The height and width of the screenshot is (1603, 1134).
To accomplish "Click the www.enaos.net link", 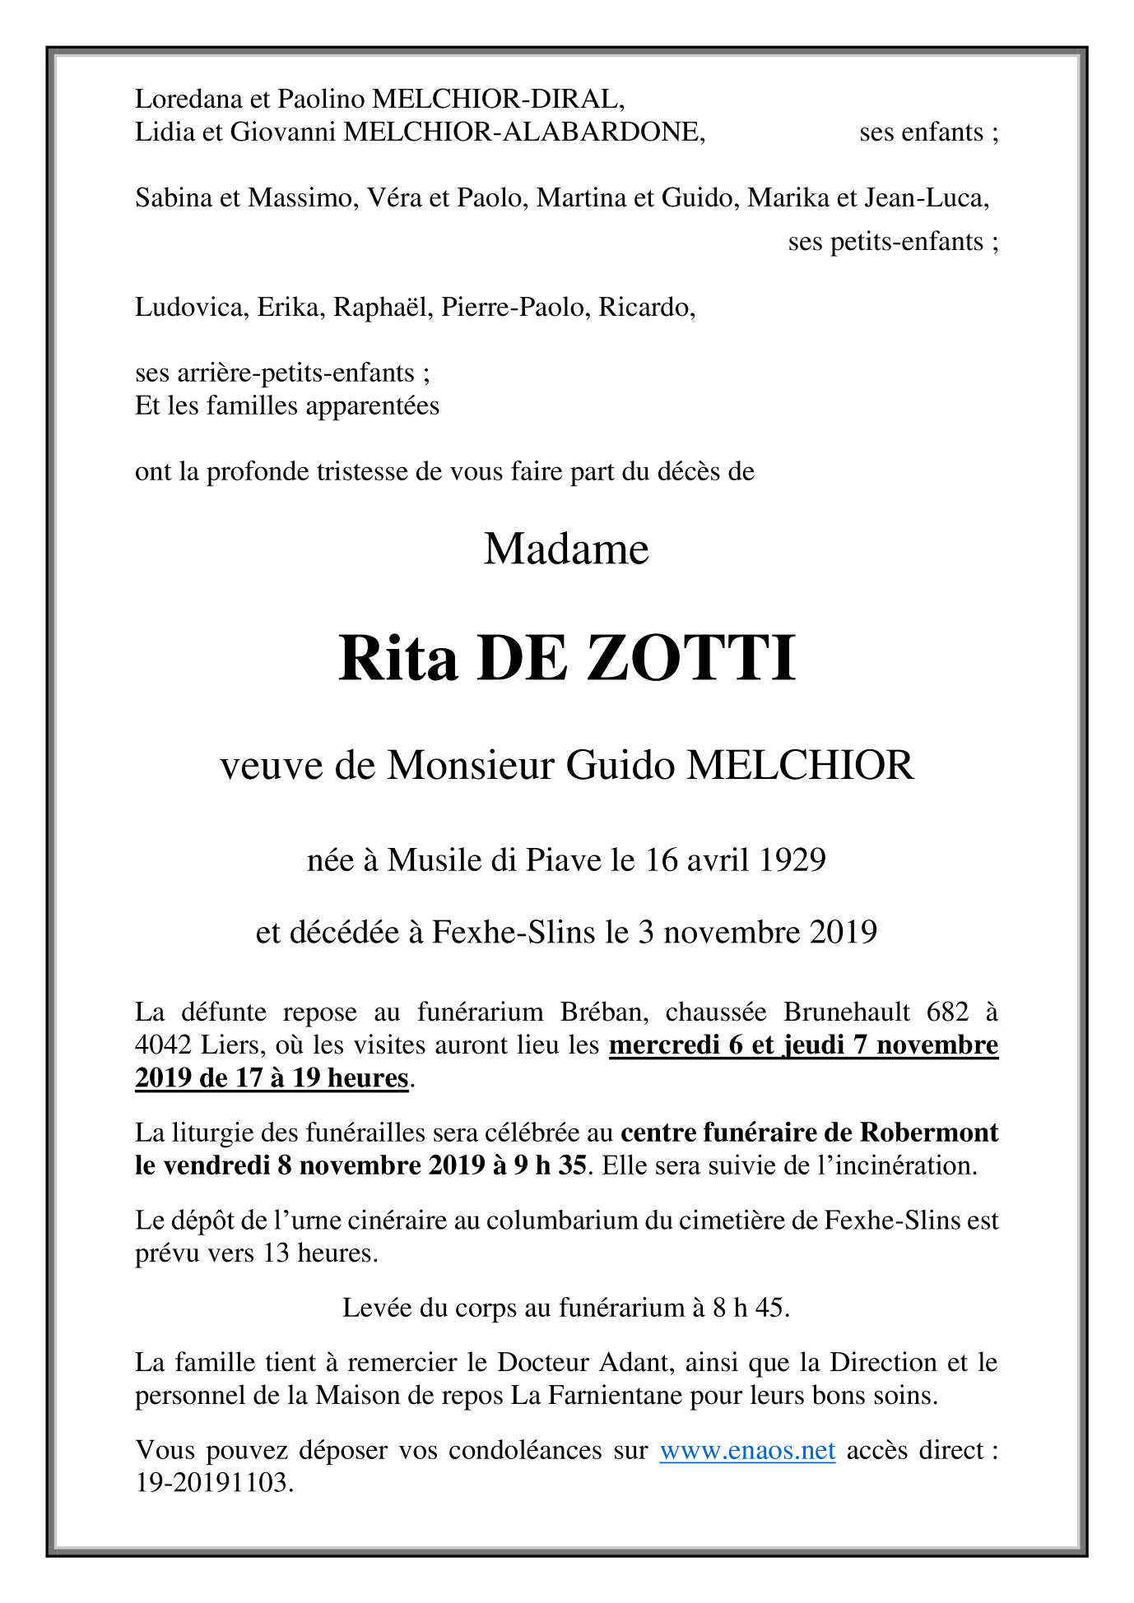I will point(747,1450).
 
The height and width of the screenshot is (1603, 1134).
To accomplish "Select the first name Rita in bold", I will point(397,659).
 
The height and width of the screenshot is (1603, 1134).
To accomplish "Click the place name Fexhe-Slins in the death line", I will point(514,933).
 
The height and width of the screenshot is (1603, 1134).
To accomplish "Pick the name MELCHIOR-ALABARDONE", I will point(523,132).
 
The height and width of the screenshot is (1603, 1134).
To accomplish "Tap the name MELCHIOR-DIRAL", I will point(498,100).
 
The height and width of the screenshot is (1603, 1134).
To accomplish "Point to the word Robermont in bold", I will point(929,1133).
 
